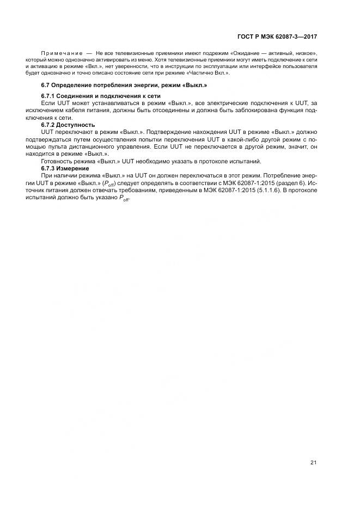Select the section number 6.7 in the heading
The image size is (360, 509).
click(x=46, y=85)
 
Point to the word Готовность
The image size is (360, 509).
click(x=58, y=161)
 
